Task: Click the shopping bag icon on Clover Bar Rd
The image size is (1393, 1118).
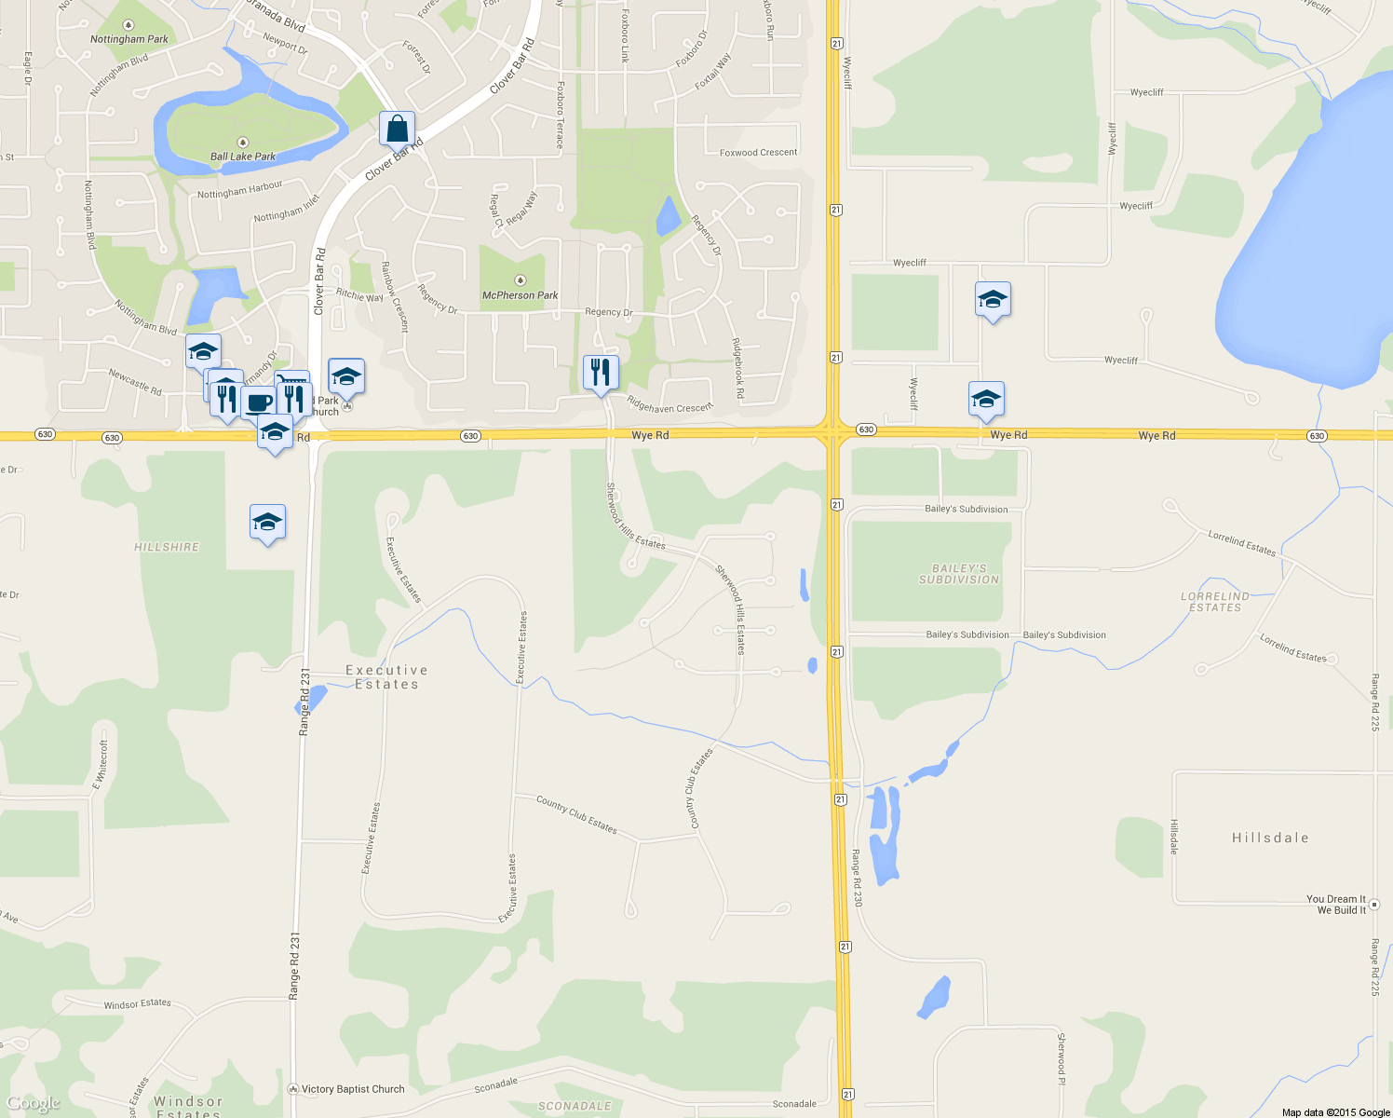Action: click(x=397, y=130)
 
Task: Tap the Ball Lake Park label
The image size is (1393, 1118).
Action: click(x=242, y=157)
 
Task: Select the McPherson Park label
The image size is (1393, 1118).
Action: click(x=520, y=295)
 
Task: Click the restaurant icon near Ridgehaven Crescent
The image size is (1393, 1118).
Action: click(x=601, y=373)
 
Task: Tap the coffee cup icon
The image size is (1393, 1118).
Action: click(x=259, y=402)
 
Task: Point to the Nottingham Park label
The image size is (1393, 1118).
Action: click(x=129, y=39)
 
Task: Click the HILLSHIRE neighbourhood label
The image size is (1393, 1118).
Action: click(x=167, y=547)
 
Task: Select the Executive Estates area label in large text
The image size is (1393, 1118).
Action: click(x=386, y=677)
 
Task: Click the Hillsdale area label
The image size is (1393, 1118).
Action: click(x=1270, y=838)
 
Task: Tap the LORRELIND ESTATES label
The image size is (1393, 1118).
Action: click(x=1215, y=602)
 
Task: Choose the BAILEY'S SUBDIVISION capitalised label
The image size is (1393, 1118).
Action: click(x=958, y=574)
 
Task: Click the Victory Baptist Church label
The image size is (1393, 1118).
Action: click(x=353, y=1089)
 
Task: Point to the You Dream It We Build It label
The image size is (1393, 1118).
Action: click(x=1336, y=905)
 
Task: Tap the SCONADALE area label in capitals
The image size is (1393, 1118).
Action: click(x=575, y=1106)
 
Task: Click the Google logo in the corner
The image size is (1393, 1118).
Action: click(x=34, y=1104)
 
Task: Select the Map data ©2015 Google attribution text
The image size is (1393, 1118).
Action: click(x=1335, y=1112)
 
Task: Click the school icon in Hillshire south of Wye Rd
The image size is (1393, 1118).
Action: click(x=267, y=523)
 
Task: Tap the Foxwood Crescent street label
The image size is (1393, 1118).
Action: click(x=758, y=153)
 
